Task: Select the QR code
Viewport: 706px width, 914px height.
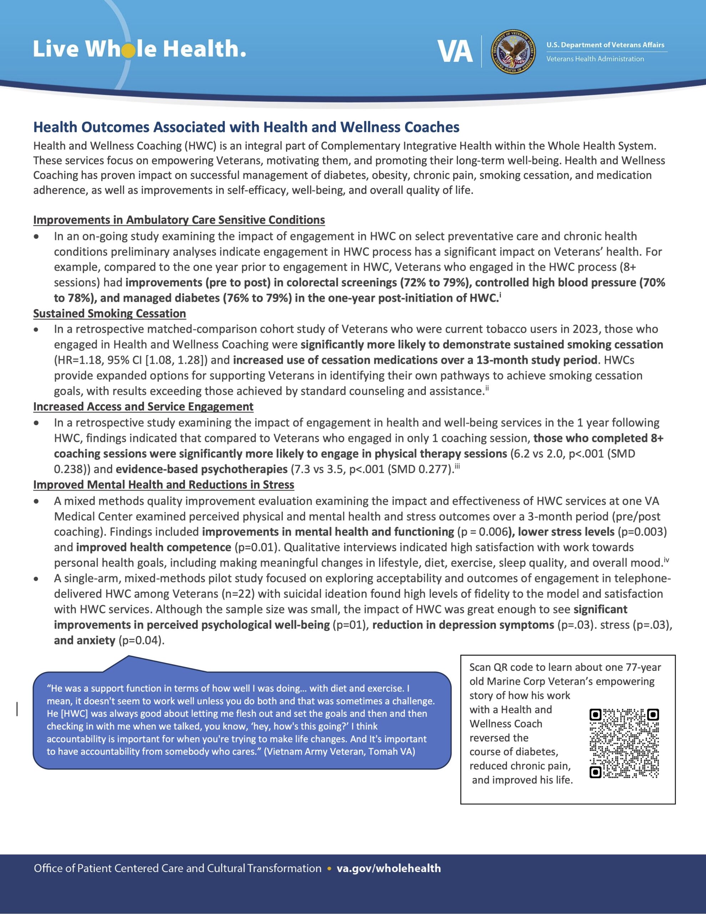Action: pyautogui.click(x=624, y=744)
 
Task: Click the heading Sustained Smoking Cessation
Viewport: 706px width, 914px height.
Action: pyautogui.click(x=110, y=313)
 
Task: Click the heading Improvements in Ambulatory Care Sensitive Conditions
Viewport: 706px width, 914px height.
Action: pyautogui.click(x=179, y=220)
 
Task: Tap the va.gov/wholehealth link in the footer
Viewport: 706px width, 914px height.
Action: pyautogui.click(x=389, y=868)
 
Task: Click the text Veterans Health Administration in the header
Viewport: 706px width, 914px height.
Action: pyautogui.click(x=595, y=59)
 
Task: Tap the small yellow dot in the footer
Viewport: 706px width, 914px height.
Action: pyautogui.click(x=329, y=869)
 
